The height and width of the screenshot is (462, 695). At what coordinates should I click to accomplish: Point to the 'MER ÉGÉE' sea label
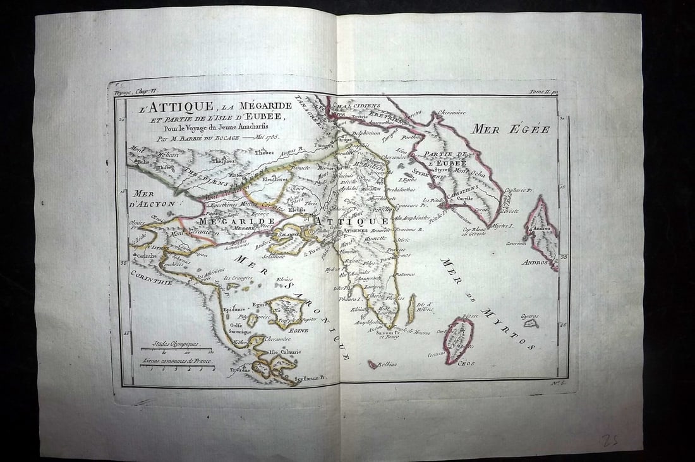point(511,130)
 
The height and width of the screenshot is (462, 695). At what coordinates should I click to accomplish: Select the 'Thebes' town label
point(264,152)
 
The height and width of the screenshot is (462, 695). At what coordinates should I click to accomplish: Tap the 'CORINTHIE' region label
point(152,283)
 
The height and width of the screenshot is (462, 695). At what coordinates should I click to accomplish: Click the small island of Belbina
point(373,364)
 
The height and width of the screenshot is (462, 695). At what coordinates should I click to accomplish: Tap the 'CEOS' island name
point(466,363)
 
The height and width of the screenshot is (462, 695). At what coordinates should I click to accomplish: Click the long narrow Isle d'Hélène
point(412,310)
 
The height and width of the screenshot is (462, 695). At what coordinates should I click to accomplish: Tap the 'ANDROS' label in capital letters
point(535,262)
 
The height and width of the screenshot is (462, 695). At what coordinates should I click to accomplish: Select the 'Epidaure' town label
point(234,309)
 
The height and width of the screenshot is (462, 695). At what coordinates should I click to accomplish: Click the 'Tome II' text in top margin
point(542,92)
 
